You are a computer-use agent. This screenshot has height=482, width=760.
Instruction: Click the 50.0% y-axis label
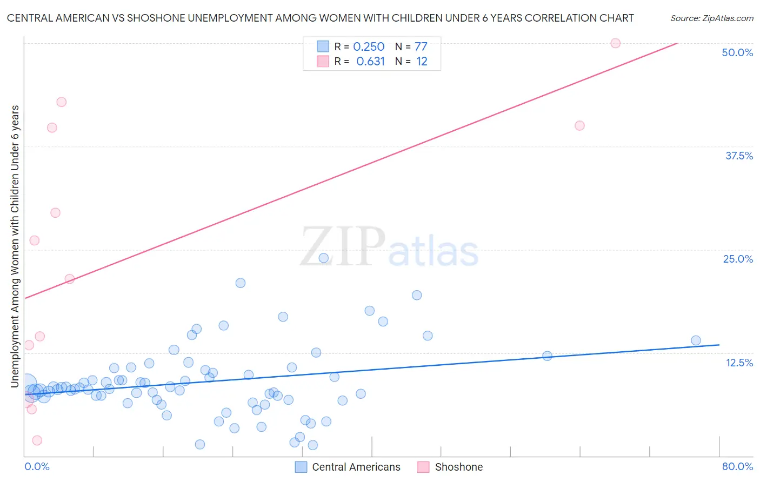click(737, 52)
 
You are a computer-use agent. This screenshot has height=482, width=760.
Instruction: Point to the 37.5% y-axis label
click(739, 156)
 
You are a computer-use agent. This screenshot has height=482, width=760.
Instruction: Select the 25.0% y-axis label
click(738, 259)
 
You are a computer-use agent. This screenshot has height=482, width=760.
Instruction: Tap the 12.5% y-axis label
click(739, 363)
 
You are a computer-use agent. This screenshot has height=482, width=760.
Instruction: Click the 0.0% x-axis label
click(37, 466)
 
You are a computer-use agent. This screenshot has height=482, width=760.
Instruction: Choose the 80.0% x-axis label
click(737, 466)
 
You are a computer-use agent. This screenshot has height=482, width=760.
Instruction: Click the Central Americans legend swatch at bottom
click(301, 467)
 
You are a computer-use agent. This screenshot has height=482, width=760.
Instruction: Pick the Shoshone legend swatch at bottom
click(423, 467)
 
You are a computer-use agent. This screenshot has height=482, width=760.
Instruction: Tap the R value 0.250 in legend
click(369, 47)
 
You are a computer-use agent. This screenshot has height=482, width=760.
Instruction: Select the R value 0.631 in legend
click(370, 62)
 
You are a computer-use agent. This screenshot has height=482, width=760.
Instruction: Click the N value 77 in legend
click(421, 47)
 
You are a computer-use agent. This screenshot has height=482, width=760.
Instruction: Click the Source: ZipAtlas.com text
click(711, 18)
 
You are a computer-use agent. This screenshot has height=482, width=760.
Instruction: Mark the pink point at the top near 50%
click(615, 43)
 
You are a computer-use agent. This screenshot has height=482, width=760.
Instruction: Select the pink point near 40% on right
click(579, 125)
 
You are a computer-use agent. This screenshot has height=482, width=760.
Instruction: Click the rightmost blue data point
click(696, 340)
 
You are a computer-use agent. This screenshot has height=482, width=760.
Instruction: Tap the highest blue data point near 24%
click(324, 258)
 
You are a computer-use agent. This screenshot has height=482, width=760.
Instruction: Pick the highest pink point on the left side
click(62, 102)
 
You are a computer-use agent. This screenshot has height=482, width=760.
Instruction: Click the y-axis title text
click(15, 246)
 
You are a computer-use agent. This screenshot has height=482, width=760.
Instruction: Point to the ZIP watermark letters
click(343, 246)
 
